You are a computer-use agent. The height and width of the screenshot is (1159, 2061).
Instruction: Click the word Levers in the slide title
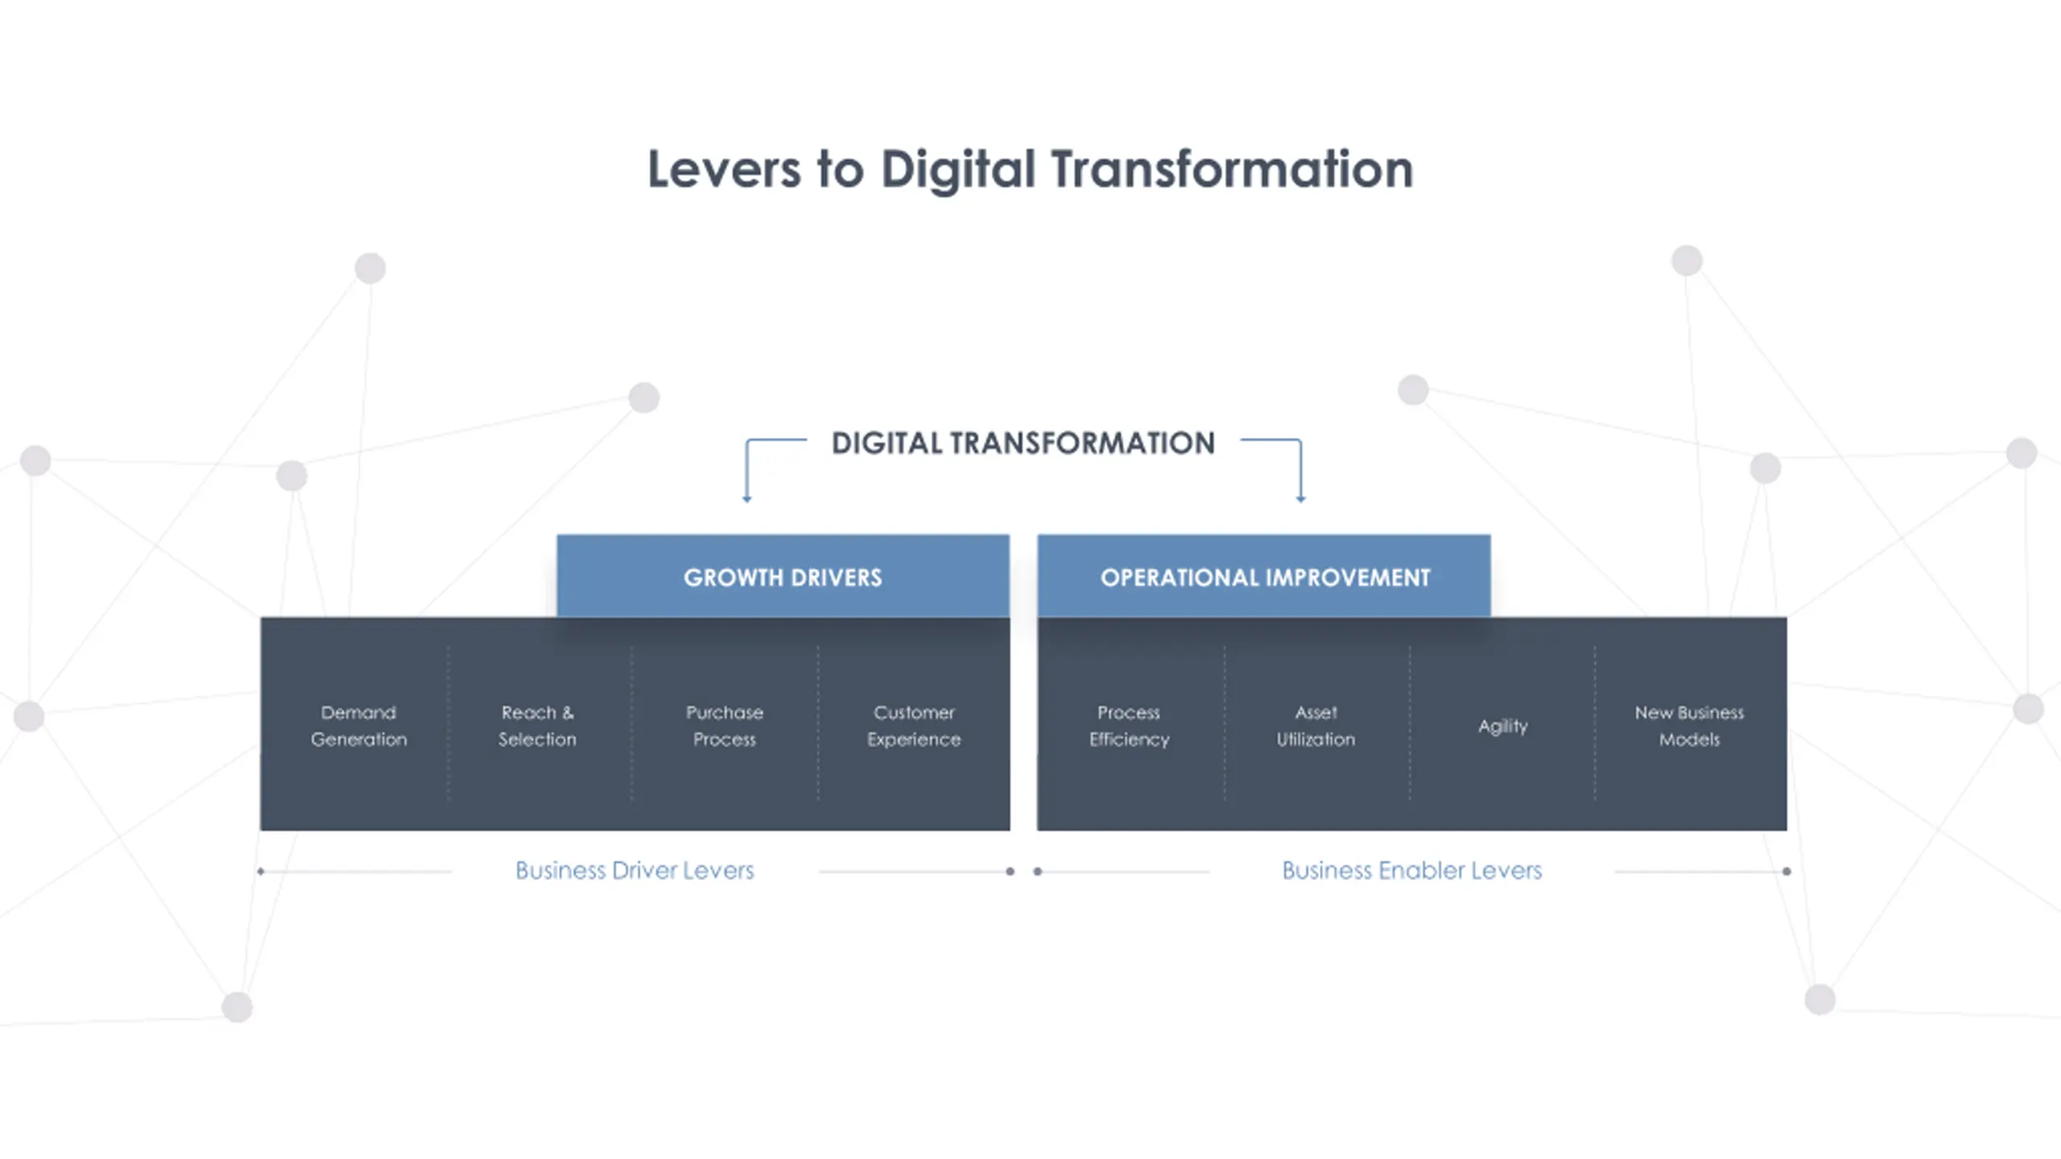[724, 170]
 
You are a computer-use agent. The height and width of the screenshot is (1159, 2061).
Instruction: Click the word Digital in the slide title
[958, 170]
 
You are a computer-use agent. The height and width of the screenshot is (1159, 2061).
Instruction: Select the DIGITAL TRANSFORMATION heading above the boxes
[1023, 443]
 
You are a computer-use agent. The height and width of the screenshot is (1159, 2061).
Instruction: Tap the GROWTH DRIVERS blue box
[783, 577]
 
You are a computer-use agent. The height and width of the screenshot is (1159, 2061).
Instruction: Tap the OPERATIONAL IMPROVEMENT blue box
[1264, 577]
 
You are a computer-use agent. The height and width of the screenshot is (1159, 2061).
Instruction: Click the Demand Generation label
[358, 725]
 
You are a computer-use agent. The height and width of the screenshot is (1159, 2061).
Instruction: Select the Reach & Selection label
[537, 725]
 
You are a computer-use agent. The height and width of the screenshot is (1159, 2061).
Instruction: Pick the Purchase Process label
[725, 725]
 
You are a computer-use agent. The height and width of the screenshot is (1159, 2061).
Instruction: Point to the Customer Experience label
[914, 725]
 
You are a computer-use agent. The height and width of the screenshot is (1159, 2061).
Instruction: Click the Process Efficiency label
[1129, 725]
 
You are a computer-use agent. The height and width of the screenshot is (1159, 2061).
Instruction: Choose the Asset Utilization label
[1315, 725]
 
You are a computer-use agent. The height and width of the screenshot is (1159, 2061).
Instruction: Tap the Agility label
[1502, 726]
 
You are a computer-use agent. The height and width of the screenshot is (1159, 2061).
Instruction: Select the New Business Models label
[1689, 725]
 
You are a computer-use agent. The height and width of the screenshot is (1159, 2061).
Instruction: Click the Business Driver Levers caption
[634, 870]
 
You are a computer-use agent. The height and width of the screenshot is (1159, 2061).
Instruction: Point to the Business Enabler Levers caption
[1411, 870]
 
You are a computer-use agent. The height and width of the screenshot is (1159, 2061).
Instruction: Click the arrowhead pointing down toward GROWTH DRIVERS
[747, 499]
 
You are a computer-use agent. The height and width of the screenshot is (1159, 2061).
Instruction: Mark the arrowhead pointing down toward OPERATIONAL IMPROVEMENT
[1301, 499]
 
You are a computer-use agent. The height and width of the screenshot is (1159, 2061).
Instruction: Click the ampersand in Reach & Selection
[568, 712]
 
